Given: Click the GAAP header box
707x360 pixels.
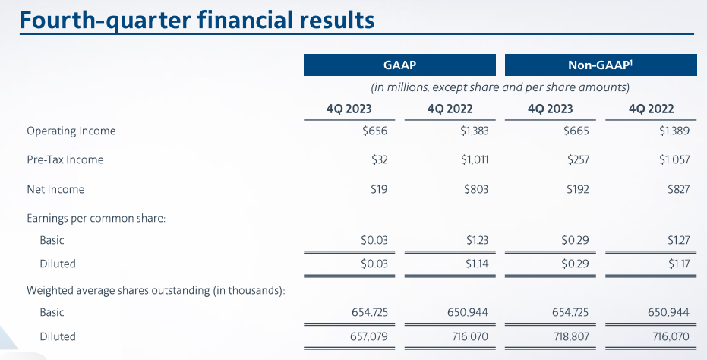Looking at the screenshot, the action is click(x=399, y=65).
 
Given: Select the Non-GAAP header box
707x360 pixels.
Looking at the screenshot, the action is click(x=601, y=65).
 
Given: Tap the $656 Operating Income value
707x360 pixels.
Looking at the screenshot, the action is click(x=374, y=131).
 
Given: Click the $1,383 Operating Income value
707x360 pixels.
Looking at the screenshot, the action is click(x=475, y=131).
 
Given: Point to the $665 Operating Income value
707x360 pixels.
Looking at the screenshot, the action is click(x=576, y=131).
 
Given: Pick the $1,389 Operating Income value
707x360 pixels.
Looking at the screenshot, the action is click(x=674, y=131).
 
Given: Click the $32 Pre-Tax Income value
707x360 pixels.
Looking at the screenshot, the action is click(x=380, y=159).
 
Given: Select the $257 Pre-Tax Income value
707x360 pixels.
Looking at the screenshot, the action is click(x=578, y=159).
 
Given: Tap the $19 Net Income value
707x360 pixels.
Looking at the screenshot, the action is click(x=379, y=189).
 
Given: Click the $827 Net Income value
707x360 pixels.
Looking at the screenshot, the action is click(x=679, y=189).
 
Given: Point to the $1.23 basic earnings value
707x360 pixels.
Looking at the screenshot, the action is click(x=478, y=240).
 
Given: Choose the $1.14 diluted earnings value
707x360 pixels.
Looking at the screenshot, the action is click(x=477, y=264).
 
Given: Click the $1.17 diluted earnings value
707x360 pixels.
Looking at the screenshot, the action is click(x=679, y=264).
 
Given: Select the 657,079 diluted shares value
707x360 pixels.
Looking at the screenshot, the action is click(x=369, y=336).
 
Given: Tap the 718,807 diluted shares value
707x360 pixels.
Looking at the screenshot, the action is click(x=570, y=336).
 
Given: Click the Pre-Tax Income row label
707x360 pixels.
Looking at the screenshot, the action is click(x=65, y=159).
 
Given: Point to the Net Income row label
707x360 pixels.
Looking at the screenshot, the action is click(x=55, y=189).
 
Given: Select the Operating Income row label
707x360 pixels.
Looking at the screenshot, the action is click(x=71, y=131).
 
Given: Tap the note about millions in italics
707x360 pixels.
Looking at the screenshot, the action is click(x=500, y=87).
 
